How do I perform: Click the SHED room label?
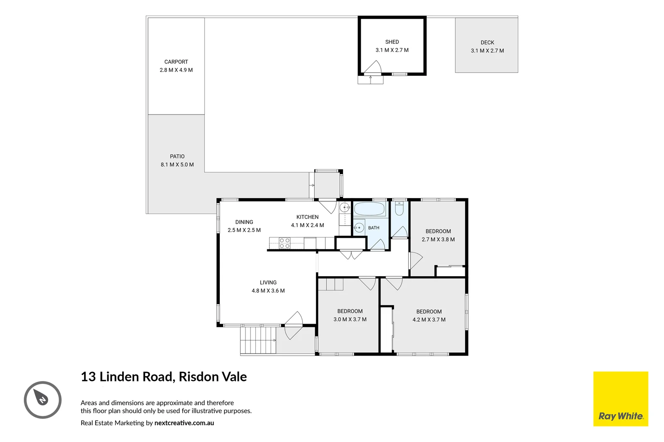[x=392, y=42]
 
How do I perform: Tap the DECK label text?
[x=487, y=43]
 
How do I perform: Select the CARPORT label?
[x=176, y=62]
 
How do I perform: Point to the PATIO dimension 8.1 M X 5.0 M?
[x=177, y=165]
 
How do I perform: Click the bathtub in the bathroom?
[x=369, y=209]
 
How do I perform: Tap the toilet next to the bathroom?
[x=399, y=208]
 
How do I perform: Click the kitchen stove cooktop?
[x=284, y=243]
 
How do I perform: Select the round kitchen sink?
[x=344, y=207]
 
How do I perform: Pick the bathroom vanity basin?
[x=359, y=228]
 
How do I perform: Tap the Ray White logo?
[x=621, y=399]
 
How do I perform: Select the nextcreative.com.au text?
[x=184, y=423]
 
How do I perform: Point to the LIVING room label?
[x=268, y=283]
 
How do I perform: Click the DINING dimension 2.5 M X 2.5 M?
[x=244, y=230]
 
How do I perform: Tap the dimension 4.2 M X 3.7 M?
[x=429, y=320]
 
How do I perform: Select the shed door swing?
[x=373, y=67]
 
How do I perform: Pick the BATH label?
[x=373, y=228]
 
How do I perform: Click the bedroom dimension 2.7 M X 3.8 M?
[x=438, y=239]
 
